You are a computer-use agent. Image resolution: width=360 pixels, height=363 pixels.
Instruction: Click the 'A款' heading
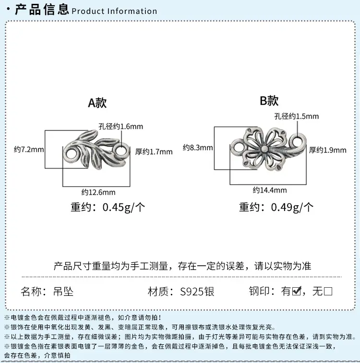[x=97, y=103]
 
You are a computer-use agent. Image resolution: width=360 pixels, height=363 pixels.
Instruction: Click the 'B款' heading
[x=269, y=101]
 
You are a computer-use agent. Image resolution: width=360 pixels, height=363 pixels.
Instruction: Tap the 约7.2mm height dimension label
[x=29, y=149]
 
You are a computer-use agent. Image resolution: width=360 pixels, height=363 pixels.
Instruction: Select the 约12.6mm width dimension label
[x=98, y=192]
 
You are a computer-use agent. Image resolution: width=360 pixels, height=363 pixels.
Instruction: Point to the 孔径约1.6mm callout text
[x=120, y=127]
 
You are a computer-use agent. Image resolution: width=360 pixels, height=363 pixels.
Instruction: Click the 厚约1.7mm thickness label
[x=154, y=152]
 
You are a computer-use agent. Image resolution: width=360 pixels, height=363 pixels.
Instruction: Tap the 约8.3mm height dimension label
[x=198, y=148]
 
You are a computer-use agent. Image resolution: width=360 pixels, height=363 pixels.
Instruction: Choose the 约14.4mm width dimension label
[x=270, y=190]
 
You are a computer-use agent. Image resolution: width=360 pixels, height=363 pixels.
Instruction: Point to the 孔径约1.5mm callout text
[x=297, y=116]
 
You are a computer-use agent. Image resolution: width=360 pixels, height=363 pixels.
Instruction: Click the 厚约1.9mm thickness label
[x=327, y=150]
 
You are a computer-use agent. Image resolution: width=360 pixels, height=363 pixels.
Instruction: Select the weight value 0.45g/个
[x=124, y=207]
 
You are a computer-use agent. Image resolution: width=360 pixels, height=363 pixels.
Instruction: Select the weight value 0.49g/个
[x=292, y=207]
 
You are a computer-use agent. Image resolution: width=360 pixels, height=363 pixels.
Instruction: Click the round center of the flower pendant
[x=264, y=148]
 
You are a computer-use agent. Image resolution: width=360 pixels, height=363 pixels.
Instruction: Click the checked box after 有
[x=297, y=291]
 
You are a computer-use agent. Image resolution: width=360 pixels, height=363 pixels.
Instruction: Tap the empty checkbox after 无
[x=328, y=291]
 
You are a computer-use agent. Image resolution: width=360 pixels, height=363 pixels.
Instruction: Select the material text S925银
[x=197, y=292]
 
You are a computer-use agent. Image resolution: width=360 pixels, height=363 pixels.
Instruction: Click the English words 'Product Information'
[x=114, y=11]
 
